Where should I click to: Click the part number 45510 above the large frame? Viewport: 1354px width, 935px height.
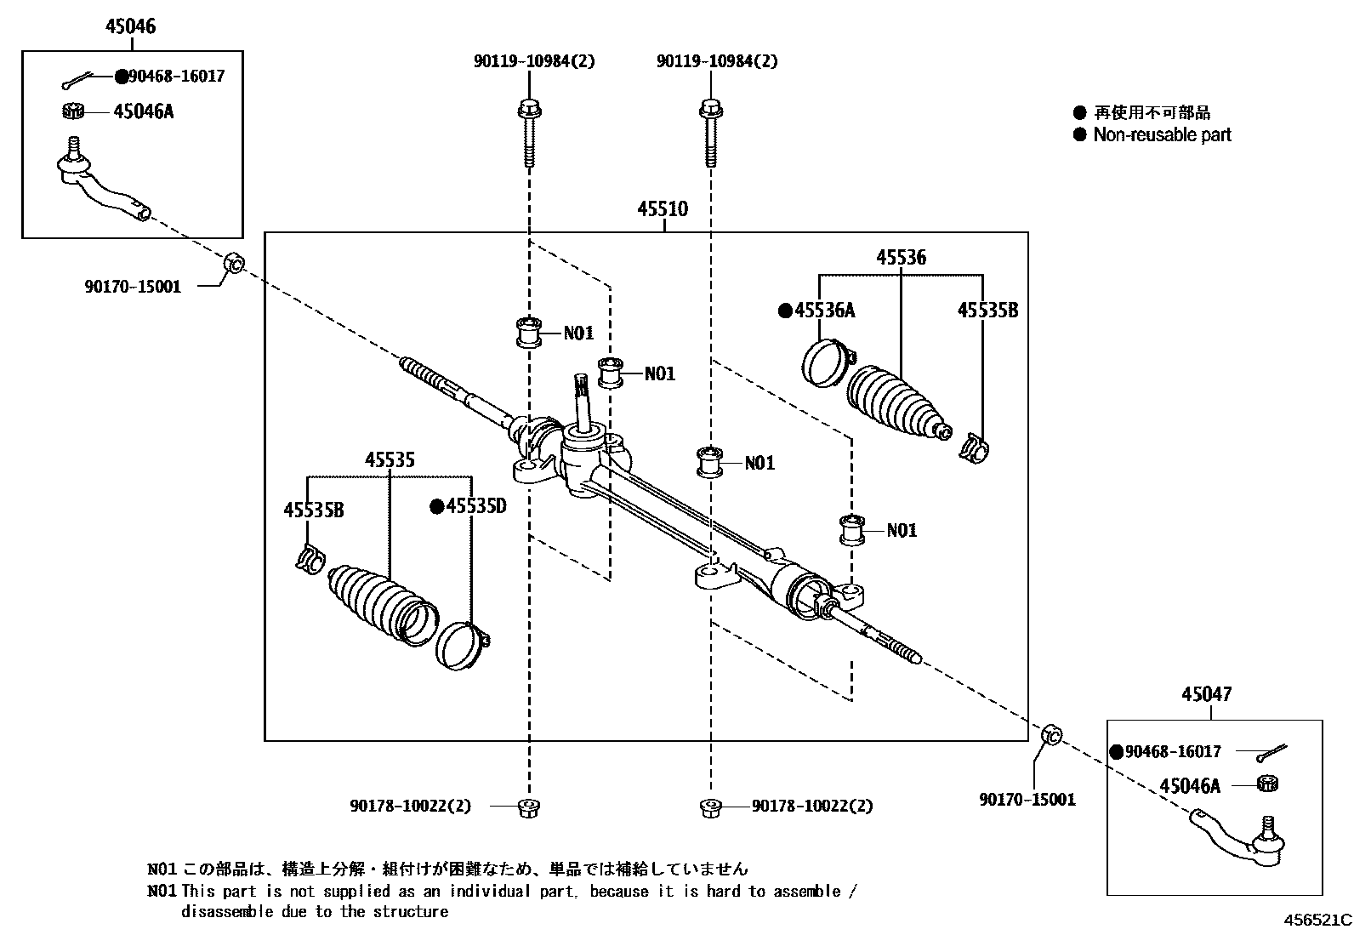click(663, 208)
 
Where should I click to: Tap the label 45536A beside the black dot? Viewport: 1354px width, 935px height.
click(824, 310)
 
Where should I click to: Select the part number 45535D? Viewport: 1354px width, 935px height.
click(476, 506)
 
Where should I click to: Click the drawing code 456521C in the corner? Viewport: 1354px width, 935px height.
click(1317, 920)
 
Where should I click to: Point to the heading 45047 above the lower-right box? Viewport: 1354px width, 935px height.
click(1205, 694)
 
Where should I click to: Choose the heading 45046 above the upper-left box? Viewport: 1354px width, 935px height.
click(130, 26)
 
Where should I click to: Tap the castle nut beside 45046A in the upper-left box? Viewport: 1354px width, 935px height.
click(73, 111)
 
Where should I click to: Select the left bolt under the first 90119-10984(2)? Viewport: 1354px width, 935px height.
click(528, 134)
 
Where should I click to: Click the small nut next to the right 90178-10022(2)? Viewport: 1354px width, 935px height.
click(708, 807)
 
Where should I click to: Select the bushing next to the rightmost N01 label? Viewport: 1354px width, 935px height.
click(851, 529)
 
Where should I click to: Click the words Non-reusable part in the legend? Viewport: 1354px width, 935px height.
click(1162, 134)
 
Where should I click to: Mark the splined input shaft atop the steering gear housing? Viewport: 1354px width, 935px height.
click(583, 400)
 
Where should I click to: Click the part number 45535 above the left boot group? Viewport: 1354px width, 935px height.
click(390, 459)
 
